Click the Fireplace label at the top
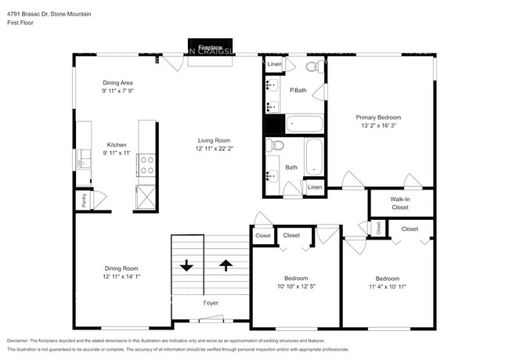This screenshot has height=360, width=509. click(x=209, y=48)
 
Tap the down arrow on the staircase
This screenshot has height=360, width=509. click(x=186, y=265)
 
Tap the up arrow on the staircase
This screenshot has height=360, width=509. click(x=226, y=265)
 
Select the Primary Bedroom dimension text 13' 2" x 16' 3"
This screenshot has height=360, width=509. click(x=384, y=126)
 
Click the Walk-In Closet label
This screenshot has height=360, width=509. click(x=399, y=203)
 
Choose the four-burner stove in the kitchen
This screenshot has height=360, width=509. click(x=146, y=164)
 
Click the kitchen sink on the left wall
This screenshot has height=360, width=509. click(x=83, y=161)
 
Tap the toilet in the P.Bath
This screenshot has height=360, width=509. click(x=311, y=68)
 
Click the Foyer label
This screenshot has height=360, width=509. click(x=210, y=302)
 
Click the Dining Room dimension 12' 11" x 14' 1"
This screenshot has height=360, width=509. click(x=121, y=276)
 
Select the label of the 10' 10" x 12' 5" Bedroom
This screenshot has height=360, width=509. click(x=296, y=279)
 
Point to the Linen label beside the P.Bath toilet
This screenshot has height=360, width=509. click(x=274, y=64)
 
